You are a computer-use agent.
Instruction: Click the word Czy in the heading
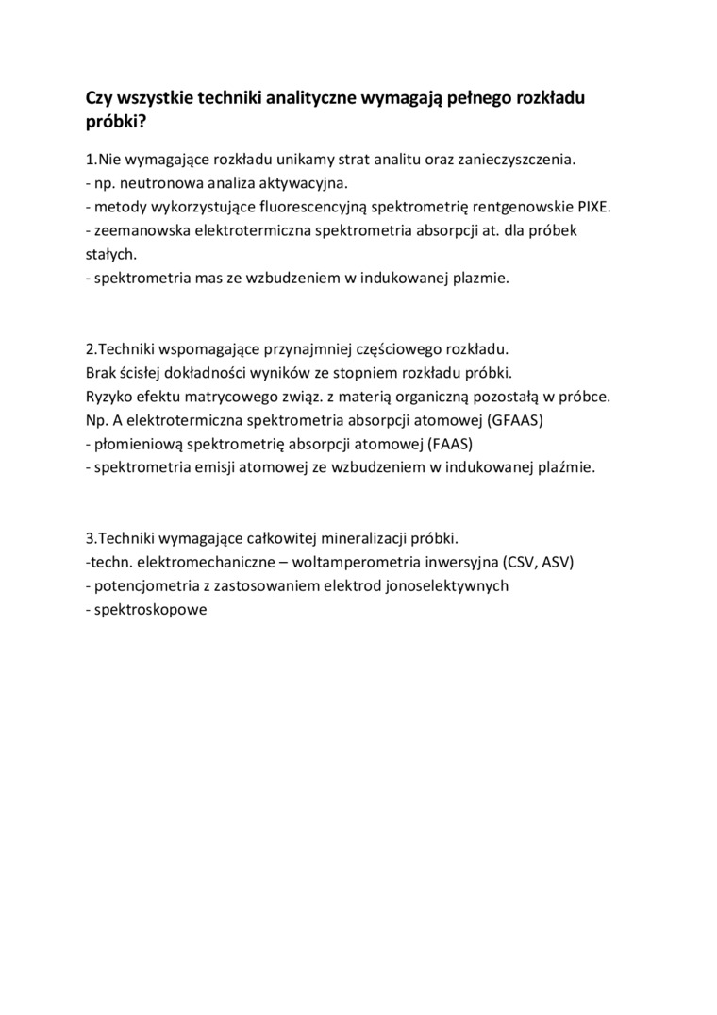click(x=99, y=97)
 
